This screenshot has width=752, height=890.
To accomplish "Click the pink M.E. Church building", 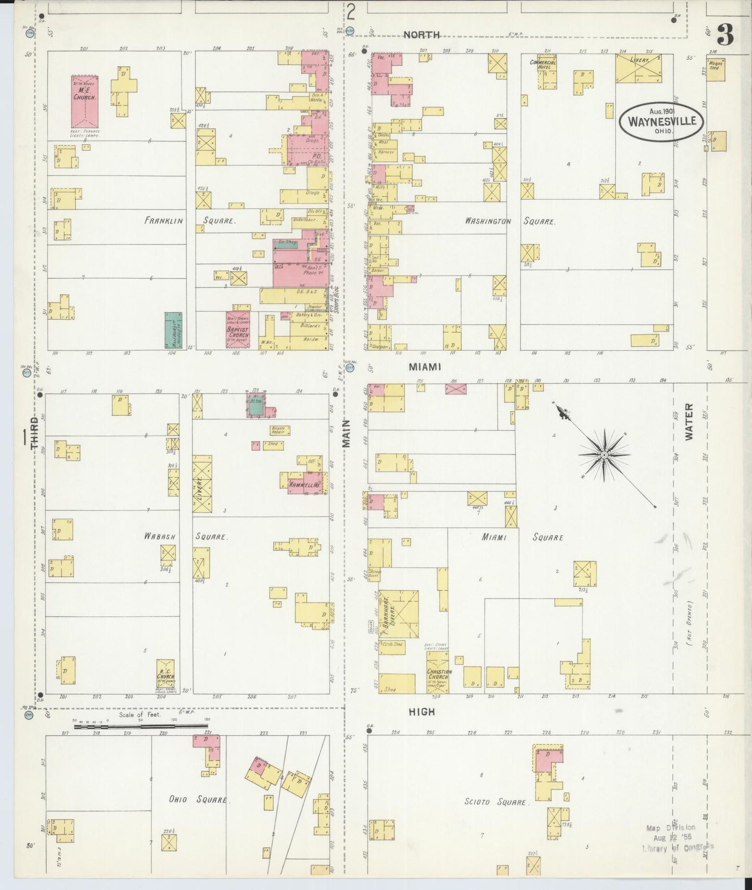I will coord(84,101).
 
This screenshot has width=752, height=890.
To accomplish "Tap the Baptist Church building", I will coord(237,330).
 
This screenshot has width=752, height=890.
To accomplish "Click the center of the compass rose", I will coord(604,455).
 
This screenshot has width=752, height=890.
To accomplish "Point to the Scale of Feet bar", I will coord(141,727).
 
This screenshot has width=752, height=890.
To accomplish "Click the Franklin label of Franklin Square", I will coord(164,221).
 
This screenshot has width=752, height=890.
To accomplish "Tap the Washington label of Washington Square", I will coord(488,221).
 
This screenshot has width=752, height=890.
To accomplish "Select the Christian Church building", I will coord(438,675).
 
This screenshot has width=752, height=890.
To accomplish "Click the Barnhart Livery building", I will coord(399,614).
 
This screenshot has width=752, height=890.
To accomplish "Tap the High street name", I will coord(422,711).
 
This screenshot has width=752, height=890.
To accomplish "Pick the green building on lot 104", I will coord(173,330).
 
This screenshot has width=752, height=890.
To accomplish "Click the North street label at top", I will coord(422,35).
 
